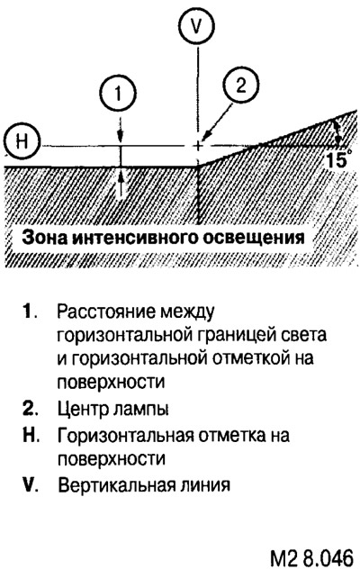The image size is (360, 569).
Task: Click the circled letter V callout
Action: coord(197,27)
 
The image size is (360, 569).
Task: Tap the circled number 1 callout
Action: coord(119,94)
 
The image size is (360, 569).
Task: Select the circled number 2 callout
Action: coord(240,86)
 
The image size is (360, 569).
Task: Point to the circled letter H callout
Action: coord(22,141)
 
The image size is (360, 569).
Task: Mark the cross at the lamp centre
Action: coord(198,146)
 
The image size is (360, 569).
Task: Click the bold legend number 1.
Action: coord(29,312)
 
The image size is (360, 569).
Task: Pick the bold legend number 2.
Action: coord(30,409)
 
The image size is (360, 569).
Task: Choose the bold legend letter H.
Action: coord(31,435)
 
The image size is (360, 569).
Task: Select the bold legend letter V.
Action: coord(31,484)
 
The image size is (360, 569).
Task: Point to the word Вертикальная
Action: coord(124,485)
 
